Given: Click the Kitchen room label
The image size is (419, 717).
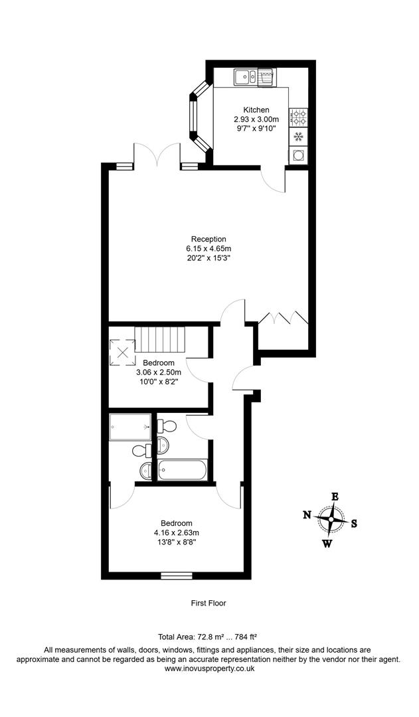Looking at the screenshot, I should coord(256,110).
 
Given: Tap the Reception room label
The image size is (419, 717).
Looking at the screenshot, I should coord(209,239).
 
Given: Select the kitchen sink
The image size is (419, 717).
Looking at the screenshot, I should coord(245,77).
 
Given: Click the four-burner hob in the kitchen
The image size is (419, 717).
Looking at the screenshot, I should coord(298,118).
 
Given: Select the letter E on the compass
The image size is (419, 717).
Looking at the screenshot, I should coord(335,497).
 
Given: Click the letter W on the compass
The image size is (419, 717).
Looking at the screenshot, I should coord(327,544).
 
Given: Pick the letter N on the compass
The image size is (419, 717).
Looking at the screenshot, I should coord(307,515).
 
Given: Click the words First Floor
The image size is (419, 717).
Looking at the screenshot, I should coord(209,603).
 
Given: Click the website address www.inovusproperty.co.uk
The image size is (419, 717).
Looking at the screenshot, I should coord(209,669).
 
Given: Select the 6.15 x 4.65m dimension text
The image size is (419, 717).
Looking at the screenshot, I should coord(209,249).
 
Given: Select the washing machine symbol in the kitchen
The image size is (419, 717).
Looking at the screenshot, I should coord(298,155).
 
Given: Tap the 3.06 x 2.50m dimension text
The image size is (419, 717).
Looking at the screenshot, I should coord(159,372).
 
